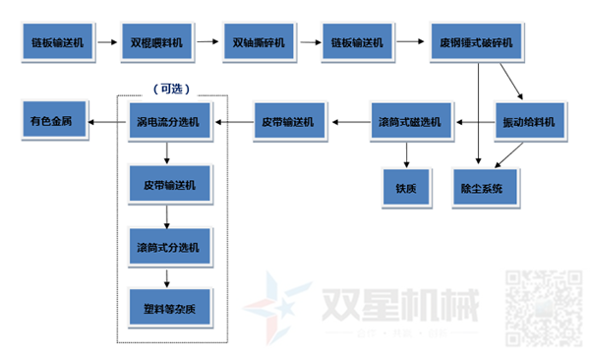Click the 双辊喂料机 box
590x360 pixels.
(x=157, y=43)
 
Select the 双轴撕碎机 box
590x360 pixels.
(x=259, y=43)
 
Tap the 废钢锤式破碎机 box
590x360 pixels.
(x=469, y=43)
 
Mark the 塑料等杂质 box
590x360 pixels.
(x=168, y=305)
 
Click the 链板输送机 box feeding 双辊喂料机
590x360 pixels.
(x=56, y=43)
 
